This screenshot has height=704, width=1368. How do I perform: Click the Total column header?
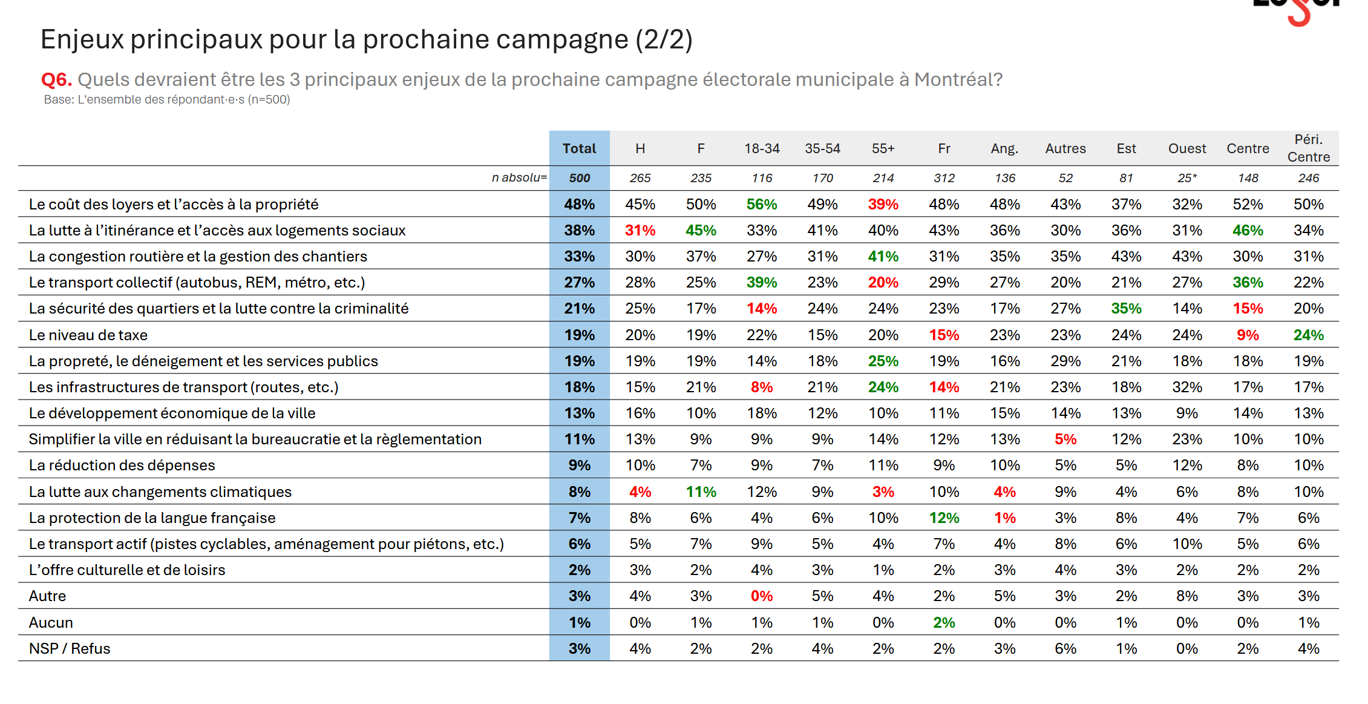click(579, 148)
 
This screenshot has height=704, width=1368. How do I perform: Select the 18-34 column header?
click(762, 148)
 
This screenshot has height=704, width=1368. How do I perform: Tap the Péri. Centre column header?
click(1308, 148)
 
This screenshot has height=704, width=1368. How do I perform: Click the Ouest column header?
click(1186, 148)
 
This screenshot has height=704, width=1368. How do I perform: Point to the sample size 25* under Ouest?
click(1186, 178)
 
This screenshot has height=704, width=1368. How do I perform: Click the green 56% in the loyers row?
click(762, 205)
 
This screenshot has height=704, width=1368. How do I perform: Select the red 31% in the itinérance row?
click(640, 231)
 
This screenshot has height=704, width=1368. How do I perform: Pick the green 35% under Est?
click(1126, 309)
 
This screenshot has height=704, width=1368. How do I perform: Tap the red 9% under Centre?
click(1248, 335)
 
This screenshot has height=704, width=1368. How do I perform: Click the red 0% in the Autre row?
click(762, 596)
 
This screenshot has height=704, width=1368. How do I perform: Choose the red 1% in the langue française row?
click(1004, 518)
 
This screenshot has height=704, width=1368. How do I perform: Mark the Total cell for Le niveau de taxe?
click(579, 335)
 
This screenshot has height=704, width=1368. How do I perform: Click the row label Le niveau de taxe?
click(88, 335)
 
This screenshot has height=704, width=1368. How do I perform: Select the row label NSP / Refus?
click(70, 649)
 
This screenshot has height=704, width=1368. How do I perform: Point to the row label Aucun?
click(51, 623)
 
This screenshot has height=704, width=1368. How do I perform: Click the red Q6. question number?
click(56, 80)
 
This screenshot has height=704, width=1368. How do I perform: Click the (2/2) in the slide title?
click(664, 40)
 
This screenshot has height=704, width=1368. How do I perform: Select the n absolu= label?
click(519, 178)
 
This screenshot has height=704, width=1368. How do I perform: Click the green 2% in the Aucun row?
click(944, 623)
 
